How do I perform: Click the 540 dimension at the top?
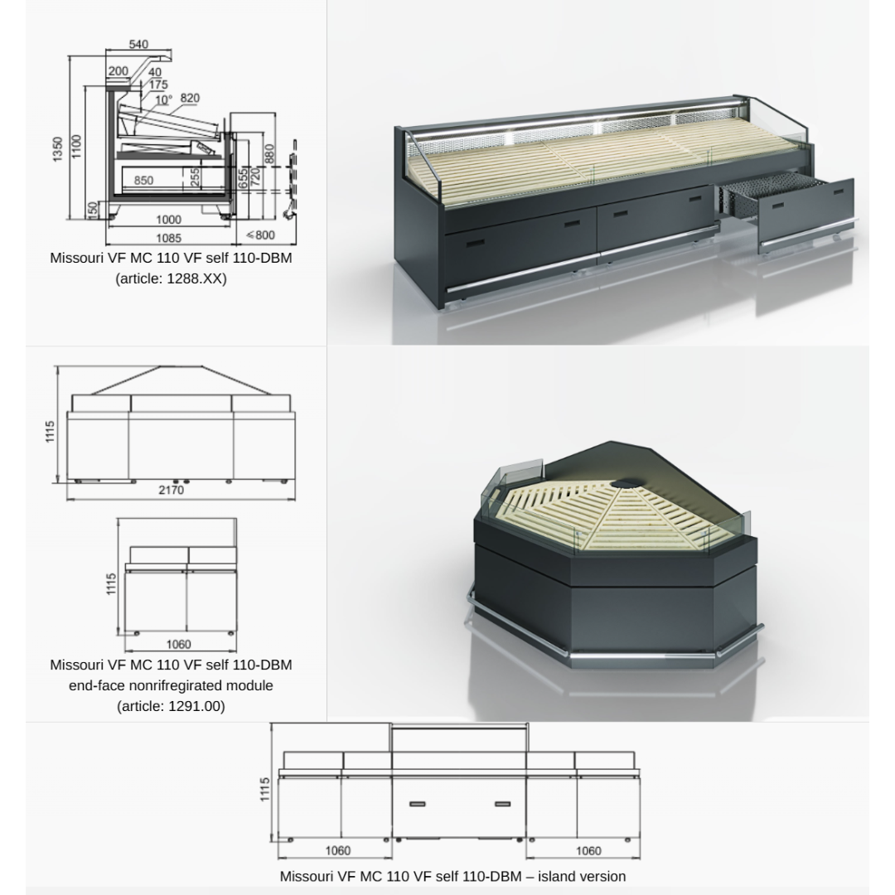pos(138,44)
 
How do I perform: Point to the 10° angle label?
pos(163,100)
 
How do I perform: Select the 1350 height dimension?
pos(58,149)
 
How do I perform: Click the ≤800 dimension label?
pos(261,235)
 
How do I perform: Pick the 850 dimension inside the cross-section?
pos(143,181)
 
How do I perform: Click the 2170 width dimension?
pos(172,490)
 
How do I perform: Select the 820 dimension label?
pos(190,98)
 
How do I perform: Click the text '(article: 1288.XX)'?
pos(172,278)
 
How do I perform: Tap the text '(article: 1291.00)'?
pos(172,706)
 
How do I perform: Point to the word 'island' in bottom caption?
pos(557,876)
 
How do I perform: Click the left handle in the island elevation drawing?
pos(417,804)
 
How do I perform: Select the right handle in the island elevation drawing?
pos(503,804)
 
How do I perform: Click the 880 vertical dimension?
pos(270,153)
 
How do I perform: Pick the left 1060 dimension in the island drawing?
pos(338,851)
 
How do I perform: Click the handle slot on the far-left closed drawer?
pos(476,243)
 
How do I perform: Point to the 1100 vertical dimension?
pos(76,147)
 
